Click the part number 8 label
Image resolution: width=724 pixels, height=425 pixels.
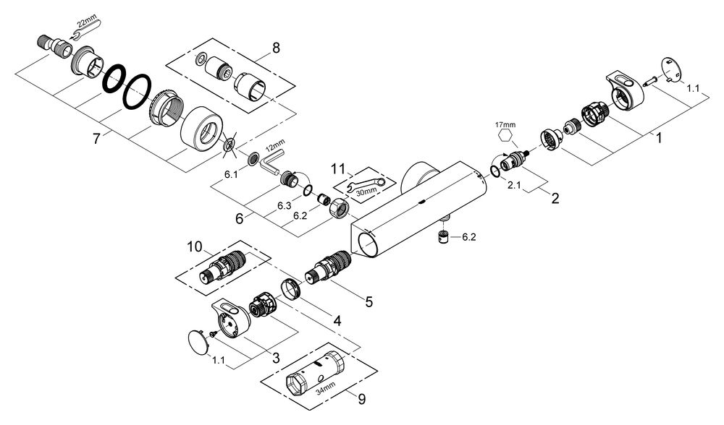(276, 48)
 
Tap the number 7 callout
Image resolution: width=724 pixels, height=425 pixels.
(96, 138)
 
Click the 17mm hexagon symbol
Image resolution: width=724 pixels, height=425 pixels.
(505, 136)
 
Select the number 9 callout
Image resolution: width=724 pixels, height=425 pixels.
(361, 399)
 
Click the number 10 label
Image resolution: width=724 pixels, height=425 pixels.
(195, 247)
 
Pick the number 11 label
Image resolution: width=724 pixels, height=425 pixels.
(338, 168)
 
